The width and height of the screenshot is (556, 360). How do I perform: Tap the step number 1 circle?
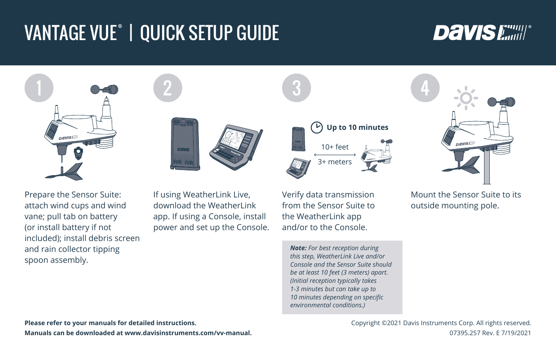[x=39, y=88]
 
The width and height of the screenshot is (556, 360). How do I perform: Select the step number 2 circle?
[x=167, y=88]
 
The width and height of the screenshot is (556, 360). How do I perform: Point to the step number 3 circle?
[x=297, y=88]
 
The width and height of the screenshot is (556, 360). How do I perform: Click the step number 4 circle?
[x=425, y=88]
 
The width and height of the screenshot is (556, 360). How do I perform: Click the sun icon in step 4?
[x=466, y=98]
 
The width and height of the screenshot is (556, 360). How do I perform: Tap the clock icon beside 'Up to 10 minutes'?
[x=317, y=128]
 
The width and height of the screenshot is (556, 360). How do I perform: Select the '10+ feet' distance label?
[x=335, y=147]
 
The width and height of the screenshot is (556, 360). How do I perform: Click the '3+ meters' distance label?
[x=335, y=162]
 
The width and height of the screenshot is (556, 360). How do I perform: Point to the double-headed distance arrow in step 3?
[x=335, y=155]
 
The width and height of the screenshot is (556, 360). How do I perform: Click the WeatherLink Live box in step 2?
[x=185, y=144]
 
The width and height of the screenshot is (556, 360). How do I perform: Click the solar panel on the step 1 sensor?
[x=52, y=131]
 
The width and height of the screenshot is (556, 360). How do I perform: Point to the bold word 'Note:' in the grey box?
[x=298, y=248]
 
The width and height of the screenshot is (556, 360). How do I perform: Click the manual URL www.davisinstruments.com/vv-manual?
[x=188, y=333]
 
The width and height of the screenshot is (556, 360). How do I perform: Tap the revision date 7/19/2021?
[x=516, y=333]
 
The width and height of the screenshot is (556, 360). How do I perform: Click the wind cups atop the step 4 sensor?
[x=501, y=102]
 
